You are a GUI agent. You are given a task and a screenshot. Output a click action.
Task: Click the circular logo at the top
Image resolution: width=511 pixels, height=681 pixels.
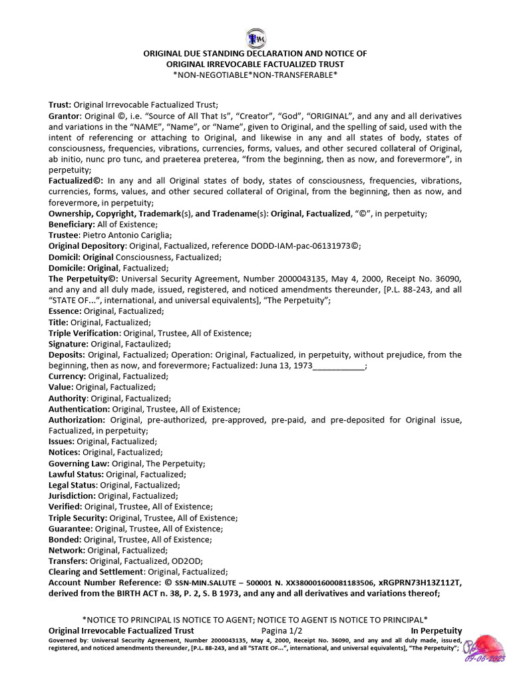click(255, 37)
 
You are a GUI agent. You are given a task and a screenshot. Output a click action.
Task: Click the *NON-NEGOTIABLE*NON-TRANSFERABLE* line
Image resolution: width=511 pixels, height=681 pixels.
click(255, 74)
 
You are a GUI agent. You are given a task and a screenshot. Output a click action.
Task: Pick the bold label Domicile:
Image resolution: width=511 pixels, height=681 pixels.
click(67, 268)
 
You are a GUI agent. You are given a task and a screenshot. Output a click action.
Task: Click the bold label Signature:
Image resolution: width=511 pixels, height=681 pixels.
click(69, 344)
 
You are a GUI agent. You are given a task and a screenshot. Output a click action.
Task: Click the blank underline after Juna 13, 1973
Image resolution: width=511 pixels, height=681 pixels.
click(339, 366)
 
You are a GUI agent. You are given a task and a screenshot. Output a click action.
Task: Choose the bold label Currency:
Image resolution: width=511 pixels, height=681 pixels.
click(67, 376)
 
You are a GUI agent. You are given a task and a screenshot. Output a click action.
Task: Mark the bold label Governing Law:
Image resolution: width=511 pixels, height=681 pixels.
click(79, 463)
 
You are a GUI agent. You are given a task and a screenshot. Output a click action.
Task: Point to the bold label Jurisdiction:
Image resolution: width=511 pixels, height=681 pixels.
click(73, 495)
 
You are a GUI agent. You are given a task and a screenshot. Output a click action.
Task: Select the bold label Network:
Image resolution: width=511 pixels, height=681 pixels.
click(67, 550)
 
